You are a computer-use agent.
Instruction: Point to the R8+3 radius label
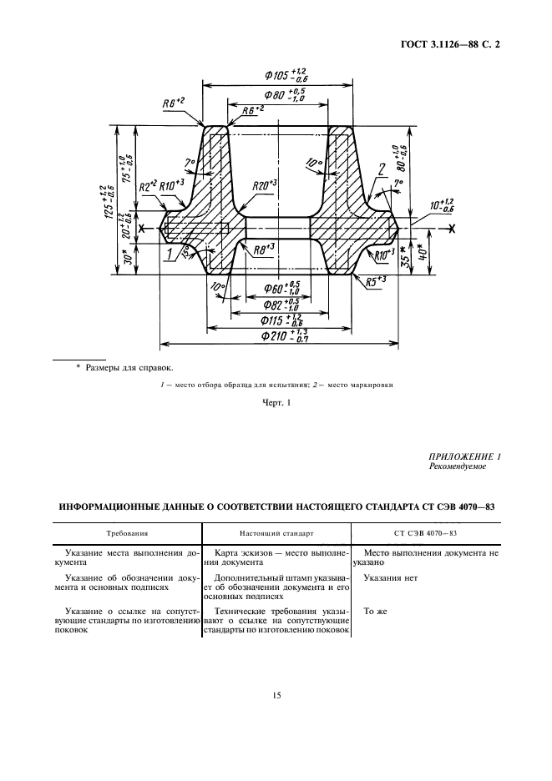pos(265,249)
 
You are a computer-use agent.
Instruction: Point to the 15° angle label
pos(185,255)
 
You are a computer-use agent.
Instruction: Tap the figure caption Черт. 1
pos(276,404)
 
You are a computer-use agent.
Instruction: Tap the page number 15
pos(276,694)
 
